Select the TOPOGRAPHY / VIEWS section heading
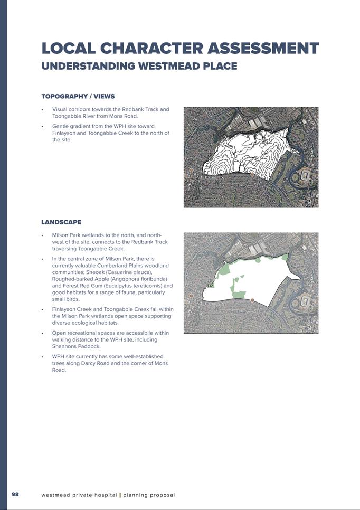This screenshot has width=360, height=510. click(x=78, y=97)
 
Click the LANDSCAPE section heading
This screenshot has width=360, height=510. click(x=61, y=222)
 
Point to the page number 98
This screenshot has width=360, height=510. click(x=15, y=494)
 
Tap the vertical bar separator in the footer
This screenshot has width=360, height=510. click(x=120, y=495)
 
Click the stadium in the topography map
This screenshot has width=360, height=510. click(x=307, y=176)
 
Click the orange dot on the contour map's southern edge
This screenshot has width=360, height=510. click(x=252, y=174)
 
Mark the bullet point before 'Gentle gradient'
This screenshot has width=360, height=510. click(x=42, y=127)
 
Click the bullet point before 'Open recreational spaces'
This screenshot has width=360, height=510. click(x=42, y=334)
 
